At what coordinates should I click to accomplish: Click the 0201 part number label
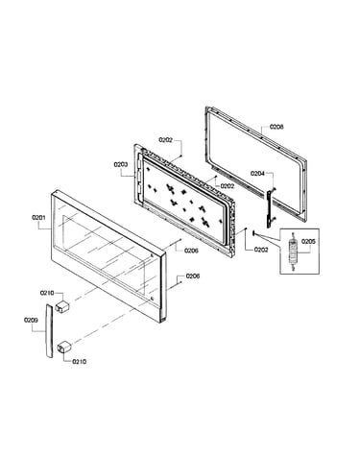pos(38,218)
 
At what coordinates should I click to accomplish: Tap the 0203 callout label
pos(121,164)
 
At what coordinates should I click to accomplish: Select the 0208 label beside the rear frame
pos(276,127)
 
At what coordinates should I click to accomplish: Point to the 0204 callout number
pos(257,174)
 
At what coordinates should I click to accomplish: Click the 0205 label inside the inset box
pos(308,241)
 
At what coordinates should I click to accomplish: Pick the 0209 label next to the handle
pos(31,320)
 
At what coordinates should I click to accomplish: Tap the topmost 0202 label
pos(166,139)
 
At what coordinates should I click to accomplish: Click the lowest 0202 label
pos(261,250)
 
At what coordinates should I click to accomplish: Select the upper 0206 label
pos(191,251)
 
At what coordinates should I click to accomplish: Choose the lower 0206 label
pos(193,276)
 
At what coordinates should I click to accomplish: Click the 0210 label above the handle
pos(47,293)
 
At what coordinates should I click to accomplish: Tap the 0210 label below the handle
pos(79,362)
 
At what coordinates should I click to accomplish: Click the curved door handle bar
pos(49,331)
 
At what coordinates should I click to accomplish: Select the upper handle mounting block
pos(62,306)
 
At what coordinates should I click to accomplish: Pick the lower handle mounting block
pos(64,347)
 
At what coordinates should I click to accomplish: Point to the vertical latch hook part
pos(270,207)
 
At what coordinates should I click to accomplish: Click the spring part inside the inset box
pos(292,252)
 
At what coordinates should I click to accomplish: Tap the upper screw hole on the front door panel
pos(151,255)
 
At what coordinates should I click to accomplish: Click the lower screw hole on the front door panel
pos(152,299)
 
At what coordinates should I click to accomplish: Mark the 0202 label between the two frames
pos(227,186)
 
